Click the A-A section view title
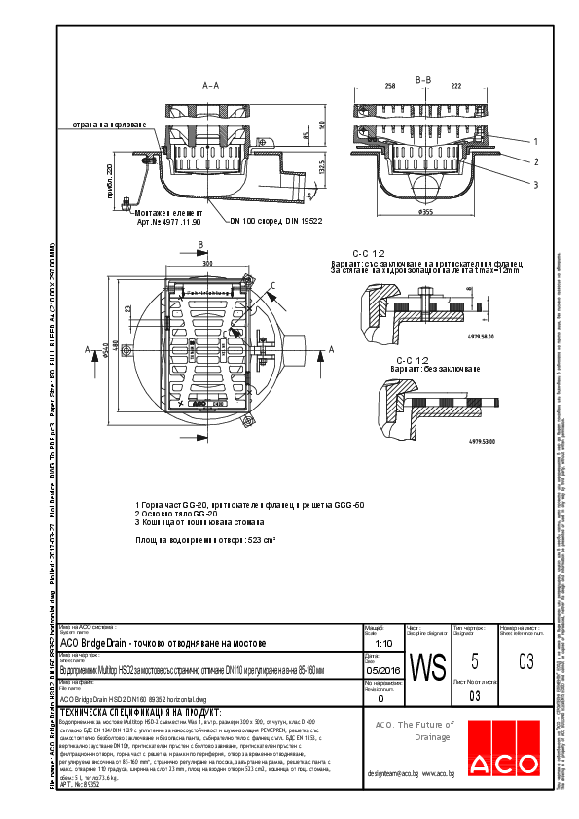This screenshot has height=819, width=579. click(210, 87)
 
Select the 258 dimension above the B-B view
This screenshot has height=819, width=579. click(390, 87)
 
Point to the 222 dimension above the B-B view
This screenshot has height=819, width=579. click(454, 87)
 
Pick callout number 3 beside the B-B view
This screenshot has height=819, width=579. click(535, 183)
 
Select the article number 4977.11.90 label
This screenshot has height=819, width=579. click(169, 223)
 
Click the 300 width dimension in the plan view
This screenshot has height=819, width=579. click(207, 263)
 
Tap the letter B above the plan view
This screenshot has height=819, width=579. click(199, 244)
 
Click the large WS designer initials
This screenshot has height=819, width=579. click(428, 668)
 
